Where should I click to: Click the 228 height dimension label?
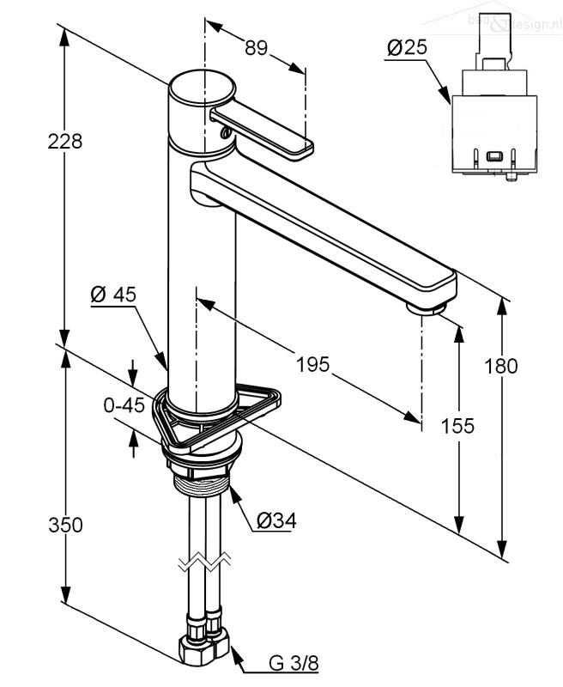(65, 142)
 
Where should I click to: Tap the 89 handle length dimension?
(257, 49)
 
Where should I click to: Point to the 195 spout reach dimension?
(312, 364)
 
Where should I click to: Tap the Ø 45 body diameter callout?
(113, 295)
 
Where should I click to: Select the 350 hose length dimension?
(66, 525)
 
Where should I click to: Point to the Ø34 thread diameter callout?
(275, 521)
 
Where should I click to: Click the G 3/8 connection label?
(294, 663)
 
